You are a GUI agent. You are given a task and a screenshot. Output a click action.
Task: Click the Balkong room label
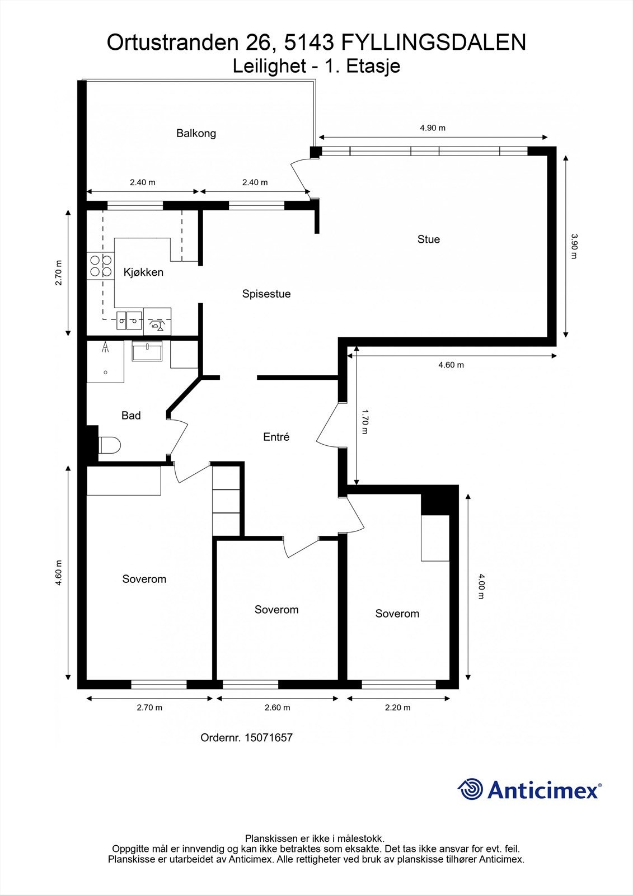196,133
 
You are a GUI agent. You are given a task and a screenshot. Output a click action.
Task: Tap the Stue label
429,239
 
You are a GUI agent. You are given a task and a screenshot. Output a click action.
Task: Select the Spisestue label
266,294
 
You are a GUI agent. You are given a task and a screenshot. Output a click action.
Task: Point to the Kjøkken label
143,272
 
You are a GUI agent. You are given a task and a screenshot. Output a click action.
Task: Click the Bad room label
131,416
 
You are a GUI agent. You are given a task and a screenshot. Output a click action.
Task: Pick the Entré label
276,437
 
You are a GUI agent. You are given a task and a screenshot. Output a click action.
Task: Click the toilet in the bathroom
109,445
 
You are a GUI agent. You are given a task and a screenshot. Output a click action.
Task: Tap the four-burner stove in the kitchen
100,266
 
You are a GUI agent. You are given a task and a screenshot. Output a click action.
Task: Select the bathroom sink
147,351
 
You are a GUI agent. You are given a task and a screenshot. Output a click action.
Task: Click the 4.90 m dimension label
433,128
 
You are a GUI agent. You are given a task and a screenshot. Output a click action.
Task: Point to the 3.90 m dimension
574,246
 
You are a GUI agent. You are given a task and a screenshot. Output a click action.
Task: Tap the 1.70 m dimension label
364,421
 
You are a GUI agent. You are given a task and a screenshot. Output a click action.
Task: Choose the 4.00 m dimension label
481,587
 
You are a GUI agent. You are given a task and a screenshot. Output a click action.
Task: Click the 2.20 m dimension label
398,708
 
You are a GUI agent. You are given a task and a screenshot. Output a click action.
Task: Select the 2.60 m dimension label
278,708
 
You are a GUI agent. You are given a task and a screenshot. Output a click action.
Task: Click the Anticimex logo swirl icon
470,789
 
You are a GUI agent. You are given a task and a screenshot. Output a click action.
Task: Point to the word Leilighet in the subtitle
269,66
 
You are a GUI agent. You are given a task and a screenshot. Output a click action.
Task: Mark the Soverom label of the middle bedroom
276,609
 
